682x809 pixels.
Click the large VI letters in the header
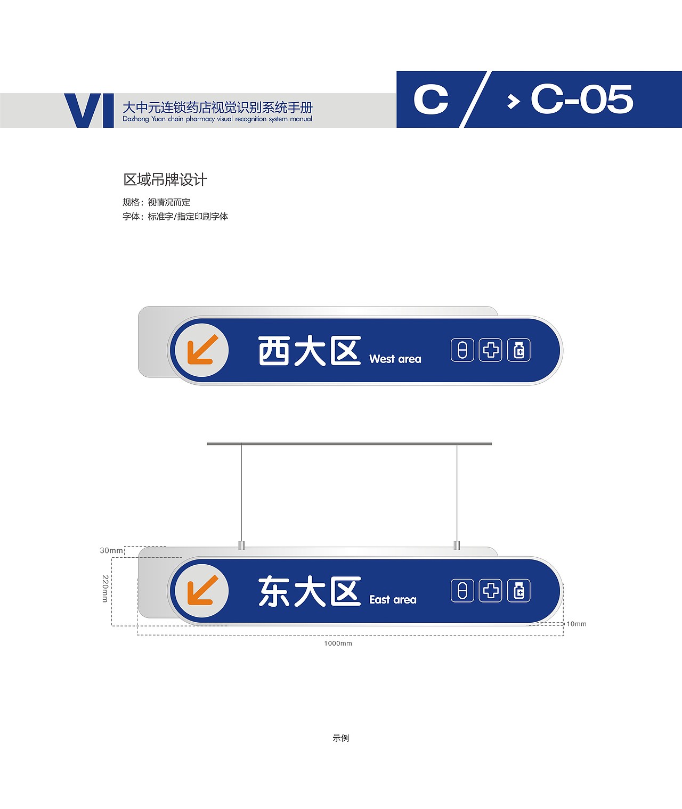click(x=89, y=110)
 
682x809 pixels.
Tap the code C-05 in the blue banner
click(x=581, y=99)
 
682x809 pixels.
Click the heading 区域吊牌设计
click(x=165, y=180)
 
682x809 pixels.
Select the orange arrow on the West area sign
click(x=202, y=350)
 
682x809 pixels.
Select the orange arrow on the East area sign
click(x=202, y=590)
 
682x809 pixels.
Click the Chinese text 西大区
click(x=310, y=351)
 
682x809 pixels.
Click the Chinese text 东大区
click(x=310, y=591)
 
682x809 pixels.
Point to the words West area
click(x=395, y=359)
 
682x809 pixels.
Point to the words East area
click(x=393, y=600)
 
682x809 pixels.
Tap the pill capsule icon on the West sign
click(x=462, y=350)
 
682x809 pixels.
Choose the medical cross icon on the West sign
click(x=491, y=350)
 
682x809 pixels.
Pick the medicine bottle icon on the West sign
click(x=519, y=350)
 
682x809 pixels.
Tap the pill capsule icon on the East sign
click(x=462, y=591)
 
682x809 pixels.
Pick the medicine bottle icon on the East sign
click(x=519, y=591)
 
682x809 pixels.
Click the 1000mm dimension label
click(x=338, y=643)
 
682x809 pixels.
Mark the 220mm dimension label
click(x=105, y=588)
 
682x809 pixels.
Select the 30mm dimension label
click(x=111, y=550)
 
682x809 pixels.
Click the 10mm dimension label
click(x=576, y=624)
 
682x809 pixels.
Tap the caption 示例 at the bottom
click(x=340, y=738)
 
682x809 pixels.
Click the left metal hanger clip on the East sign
click(x=241, y=545)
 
